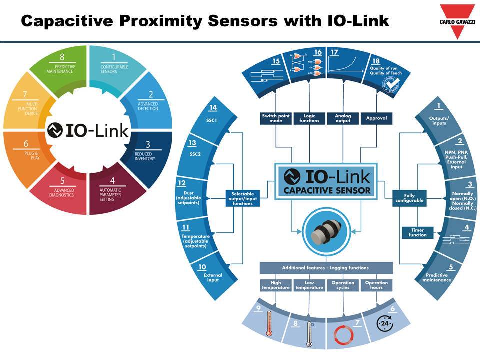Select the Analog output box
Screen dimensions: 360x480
343,118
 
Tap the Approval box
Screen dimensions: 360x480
376,118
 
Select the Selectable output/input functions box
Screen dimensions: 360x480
243,198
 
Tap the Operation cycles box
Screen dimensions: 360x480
343,285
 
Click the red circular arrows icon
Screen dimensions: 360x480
343,334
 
